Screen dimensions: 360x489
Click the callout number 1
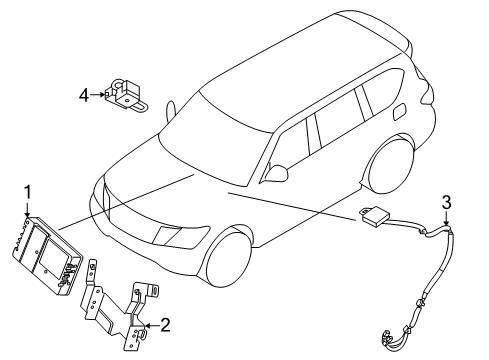28,192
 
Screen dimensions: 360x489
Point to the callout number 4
85,96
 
